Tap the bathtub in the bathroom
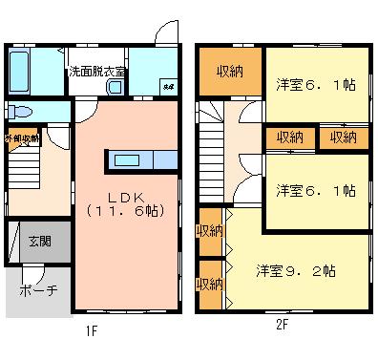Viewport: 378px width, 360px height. [22, 69]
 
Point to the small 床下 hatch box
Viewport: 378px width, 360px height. [167, 87]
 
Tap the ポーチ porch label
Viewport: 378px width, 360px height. [38, 290]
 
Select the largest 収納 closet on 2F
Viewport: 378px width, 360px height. [229, 71]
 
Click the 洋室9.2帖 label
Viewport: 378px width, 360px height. [297, 270]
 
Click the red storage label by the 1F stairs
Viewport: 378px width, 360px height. [21, 139]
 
